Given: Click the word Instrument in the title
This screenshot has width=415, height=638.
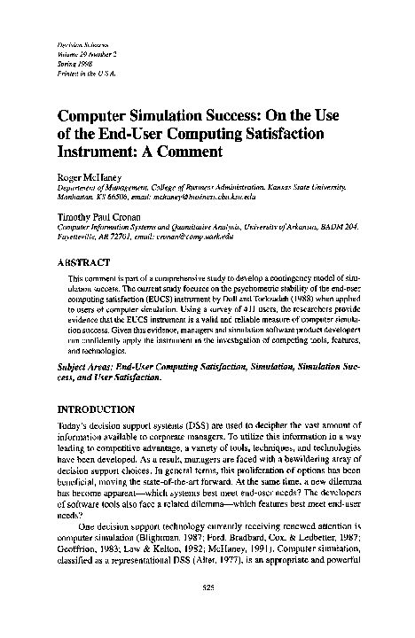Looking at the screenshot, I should pos(97,151).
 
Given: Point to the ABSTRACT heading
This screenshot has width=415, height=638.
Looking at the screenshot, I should pos(83,263).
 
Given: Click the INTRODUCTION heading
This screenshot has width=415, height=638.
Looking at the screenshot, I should pos(95,410).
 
